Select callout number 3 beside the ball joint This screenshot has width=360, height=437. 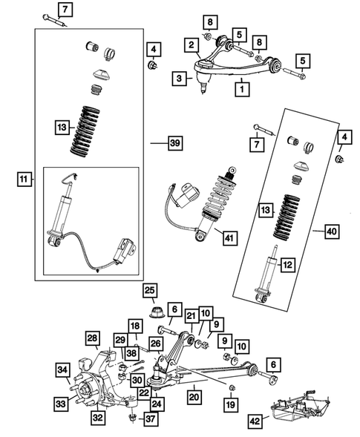tap(180, 76)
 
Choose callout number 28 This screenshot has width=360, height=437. tap(92, 339)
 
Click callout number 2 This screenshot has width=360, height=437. tap(192, 47)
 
